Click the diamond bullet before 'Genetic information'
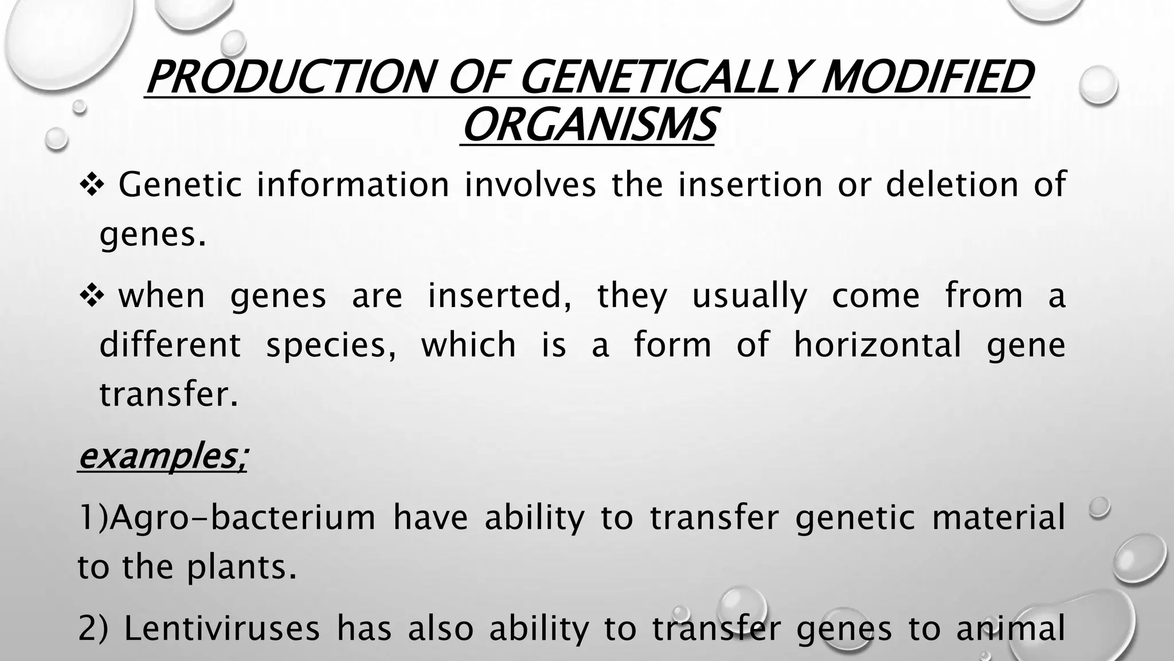click(x=90, y=185)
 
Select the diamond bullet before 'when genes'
click(x=90, y=295)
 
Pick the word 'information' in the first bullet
click(x=353, y=185)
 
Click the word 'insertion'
click(x=750, y=185)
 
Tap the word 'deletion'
click(x=952, y=185)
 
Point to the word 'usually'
click(x=749, y=297)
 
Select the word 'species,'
click(x=331, y=346)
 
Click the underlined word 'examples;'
click(x=163, y=457)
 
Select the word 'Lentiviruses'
click(x=221, y=628)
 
